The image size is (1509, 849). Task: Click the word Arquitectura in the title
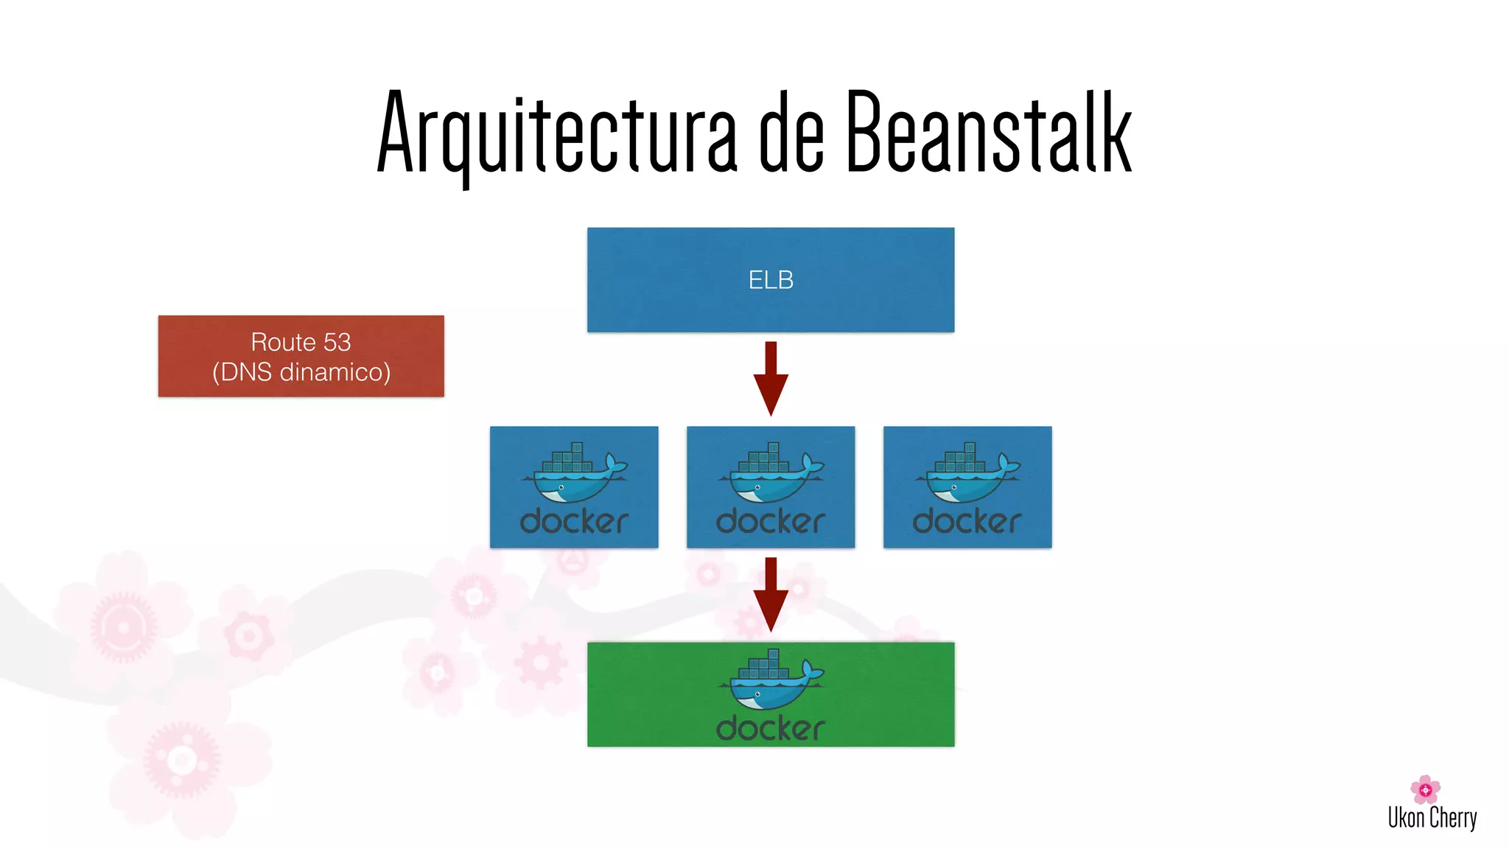[x=556, y=133]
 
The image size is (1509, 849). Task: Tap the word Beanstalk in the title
[x=988, y=133]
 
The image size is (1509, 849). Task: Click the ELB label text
[x=771, y=280]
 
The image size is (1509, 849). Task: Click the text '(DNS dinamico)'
[x=301, y=372]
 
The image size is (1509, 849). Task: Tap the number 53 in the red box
[x=337, y=342]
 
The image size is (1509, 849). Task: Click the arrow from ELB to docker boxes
[x=771, y=378]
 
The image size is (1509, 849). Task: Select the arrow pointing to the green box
[x=771, y=594]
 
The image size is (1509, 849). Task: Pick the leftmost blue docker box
[x=574, y=487]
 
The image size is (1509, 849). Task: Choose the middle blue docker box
[x=771, y=487]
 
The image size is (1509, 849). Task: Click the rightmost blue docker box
[x=967, y=487]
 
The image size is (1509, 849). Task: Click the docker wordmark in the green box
[x=771, y=729]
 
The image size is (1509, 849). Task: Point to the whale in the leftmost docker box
[x=574, y=479]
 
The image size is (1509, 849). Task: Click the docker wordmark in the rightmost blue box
[x=967, y=522]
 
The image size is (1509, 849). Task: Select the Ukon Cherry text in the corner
[x=1432, y=817]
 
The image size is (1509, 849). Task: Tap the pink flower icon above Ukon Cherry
[x=1425, y=789]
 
